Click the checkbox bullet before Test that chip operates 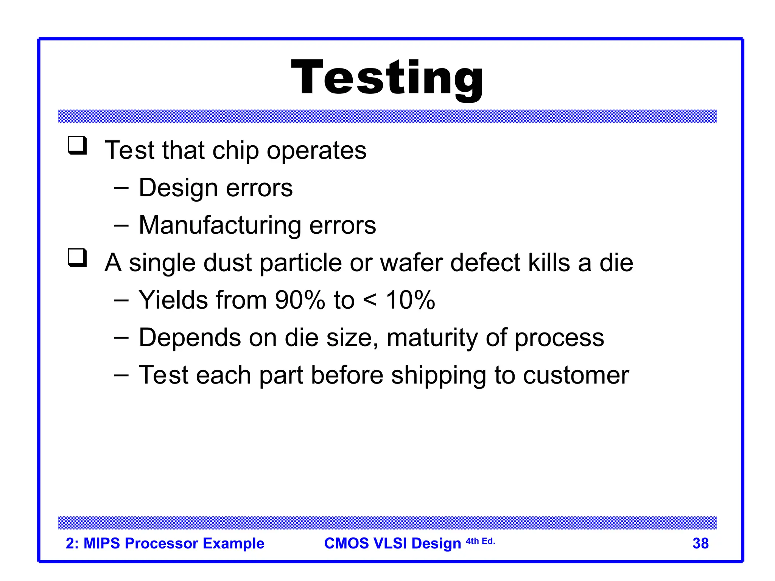click(x=77, y=146)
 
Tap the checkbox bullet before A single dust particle click(x=77, y=258)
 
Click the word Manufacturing click(x=219, y=225)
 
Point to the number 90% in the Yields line click(x=300, y=300)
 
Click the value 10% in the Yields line click(x=410, y=300)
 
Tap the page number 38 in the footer click(x=700, y=544)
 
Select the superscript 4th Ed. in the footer click(x=480, y=541)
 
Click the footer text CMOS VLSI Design click(x=392, y=544)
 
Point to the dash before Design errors click(x=121, y=188)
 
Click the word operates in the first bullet click(x=316, y=151)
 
